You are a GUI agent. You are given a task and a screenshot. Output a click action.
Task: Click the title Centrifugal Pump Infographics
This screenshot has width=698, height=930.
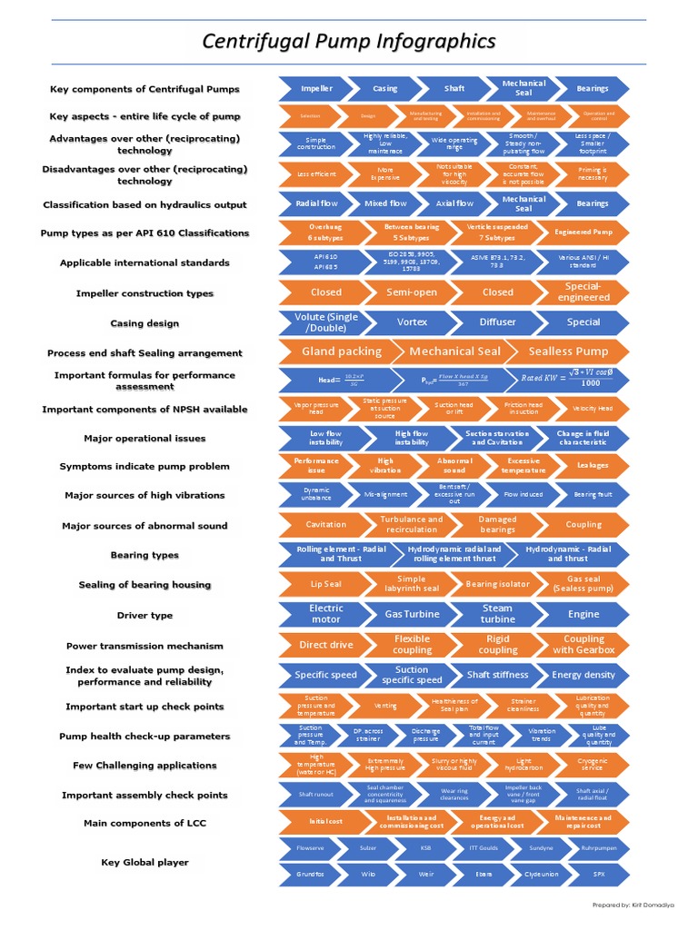pos(348,42)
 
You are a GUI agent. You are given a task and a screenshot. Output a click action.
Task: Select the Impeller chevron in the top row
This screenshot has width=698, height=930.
pos(316,89)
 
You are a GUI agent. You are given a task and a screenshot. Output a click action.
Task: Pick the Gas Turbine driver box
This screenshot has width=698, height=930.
pos(412,614)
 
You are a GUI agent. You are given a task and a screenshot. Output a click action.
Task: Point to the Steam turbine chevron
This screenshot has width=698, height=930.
pos(497,614)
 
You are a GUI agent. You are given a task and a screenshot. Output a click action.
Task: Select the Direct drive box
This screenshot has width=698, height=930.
pos(325,645)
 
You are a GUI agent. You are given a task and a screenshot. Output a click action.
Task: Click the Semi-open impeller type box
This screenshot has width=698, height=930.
pos(412,292)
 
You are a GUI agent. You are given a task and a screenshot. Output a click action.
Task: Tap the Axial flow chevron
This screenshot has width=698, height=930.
pos(454,203)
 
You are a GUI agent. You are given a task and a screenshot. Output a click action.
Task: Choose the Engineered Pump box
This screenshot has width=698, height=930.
pos(583,232)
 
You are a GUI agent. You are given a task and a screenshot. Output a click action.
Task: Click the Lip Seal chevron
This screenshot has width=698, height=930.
pos(325,584)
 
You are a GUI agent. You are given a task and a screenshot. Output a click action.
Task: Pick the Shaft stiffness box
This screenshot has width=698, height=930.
pos(497,675)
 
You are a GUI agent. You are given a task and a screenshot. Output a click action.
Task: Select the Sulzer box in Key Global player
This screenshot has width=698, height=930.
pos(367,849)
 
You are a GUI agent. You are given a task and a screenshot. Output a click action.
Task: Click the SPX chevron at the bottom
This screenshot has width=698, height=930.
pos(599,875)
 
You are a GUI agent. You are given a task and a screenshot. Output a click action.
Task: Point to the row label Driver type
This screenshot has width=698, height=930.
pos(145,615)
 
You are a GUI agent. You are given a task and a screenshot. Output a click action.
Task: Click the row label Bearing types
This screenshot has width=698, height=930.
pos(145,555)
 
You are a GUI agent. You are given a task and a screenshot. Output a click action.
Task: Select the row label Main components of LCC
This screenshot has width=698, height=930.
pos(145,823)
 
